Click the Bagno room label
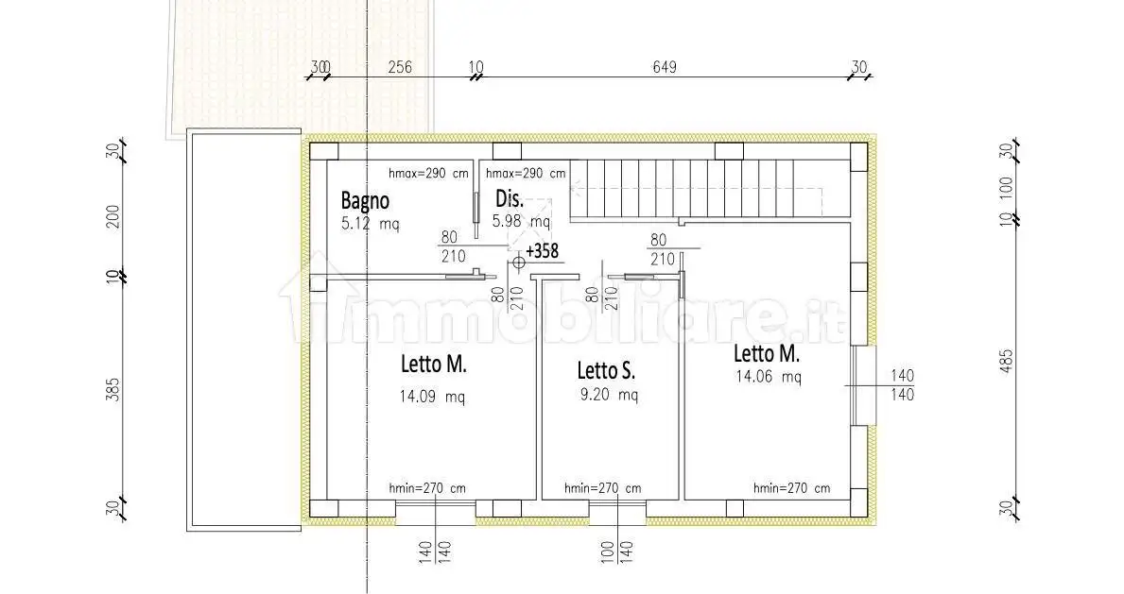(x=365, y=200)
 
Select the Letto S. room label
(x=607, y=370)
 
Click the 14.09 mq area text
(x=432, y=397)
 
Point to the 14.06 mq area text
(x=769, y=377)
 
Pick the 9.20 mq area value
(x=609, y=394)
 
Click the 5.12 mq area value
(x=370, y=224)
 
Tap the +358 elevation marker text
(x=542, y=251)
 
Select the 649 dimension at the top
(x=665, y=67)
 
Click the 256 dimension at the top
(x=400, y=67)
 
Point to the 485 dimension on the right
(x=1006, y=364)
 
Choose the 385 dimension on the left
(x=113, y=389)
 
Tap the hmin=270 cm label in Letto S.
(x=603, y=488)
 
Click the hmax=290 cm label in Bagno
(x=428, y=174)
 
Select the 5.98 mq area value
(x=521, y=221)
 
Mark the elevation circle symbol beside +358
(x=519, y=263)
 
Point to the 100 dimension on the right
(x=1006, y=189)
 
